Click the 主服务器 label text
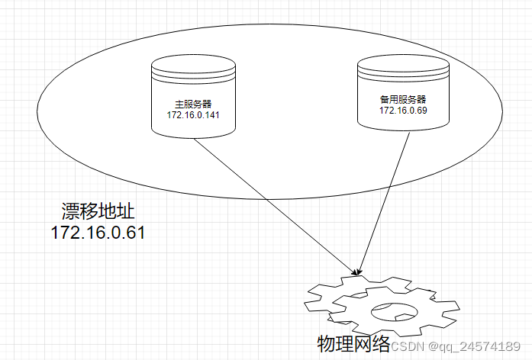click(x=192, y=104)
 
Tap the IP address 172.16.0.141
click(x=192, y=115)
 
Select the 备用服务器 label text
click(x=402, y=99)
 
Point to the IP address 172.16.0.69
click(x=402, y=111)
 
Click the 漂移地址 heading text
click(x=97, y=211)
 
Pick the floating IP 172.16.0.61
click(x=97, y=233)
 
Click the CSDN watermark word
click(x=408, y=346)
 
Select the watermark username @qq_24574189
click(x=475, y=346)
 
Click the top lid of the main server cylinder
click(x=192, y=64)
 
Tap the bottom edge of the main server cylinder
click(x=192, y=138)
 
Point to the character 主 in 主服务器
click(x=179, y=104)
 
